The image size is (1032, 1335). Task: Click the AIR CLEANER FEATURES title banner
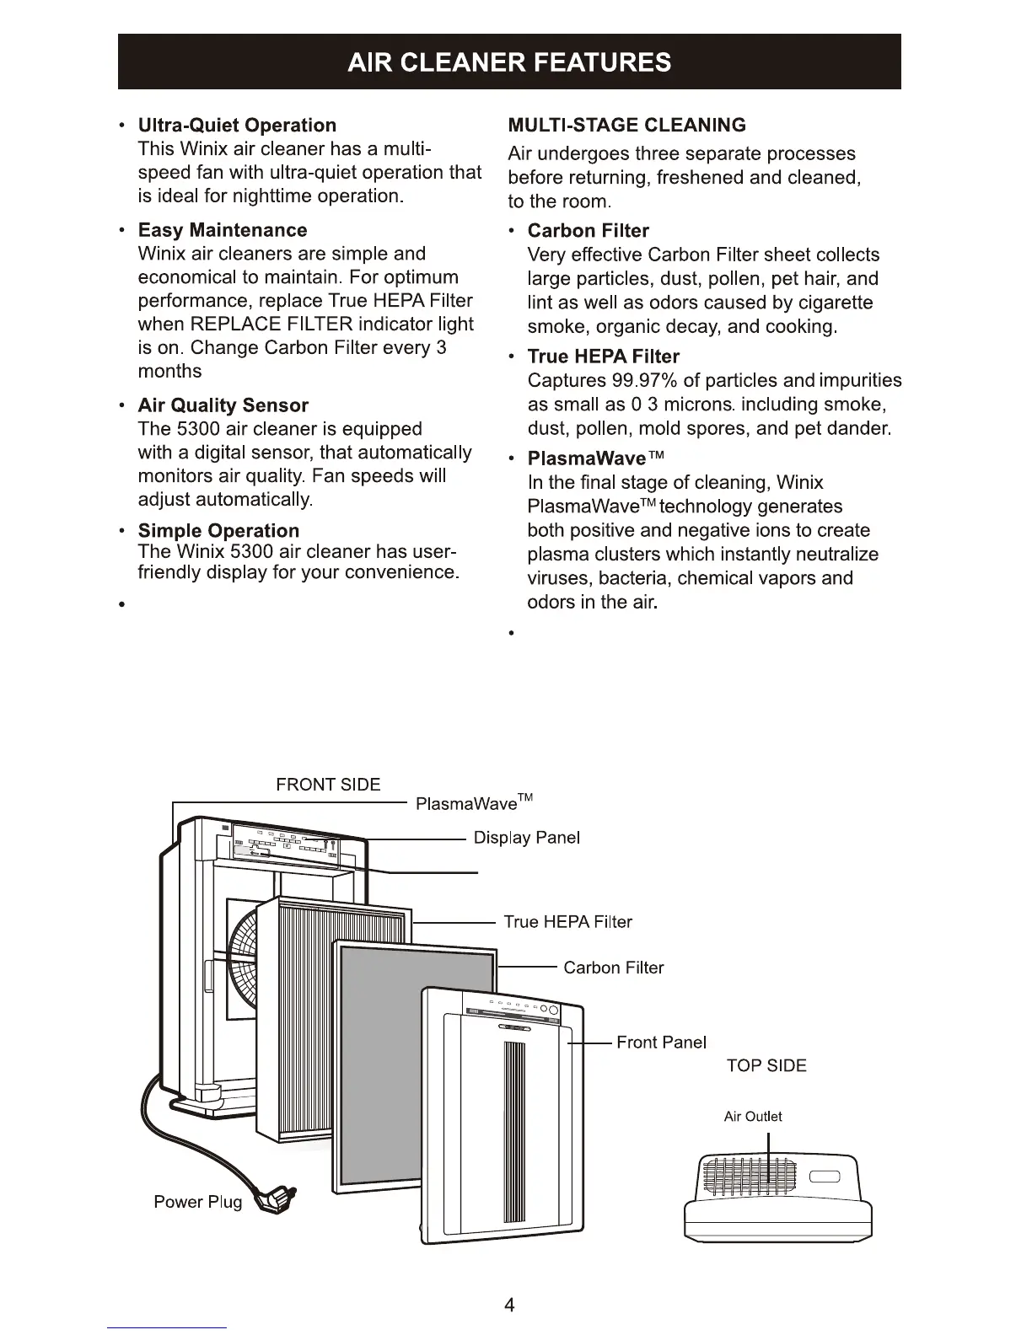point(509,62)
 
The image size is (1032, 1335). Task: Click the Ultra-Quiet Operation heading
point(237,126)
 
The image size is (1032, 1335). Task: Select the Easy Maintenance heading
point(223,230)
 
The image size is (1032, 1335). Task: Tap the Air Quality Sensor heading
point(223,405)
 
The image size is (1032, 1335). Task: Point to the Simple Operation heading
point(218,531)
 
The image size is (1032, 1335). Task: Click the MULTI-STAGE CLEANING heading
point(627,126)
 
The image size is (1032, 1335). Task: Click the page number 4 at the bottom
point(509,1306)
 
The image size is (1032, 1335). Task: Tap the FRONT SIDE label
point(328,785)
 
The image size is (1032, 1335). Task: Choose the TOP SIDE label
point(766,1066)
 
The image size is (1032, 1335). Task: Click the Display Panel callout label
point(527,838)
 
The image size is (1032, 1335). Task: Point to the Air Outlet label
point(753,1117)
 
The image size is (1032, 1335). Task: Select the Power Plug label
point(197,1202)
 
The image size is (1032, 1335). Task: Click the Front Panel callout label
point(661,1043)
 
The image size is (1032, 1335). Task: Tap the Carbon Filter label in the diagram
point(613,968)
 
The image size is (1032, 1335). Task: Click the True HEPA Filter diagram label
point(567,922)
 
